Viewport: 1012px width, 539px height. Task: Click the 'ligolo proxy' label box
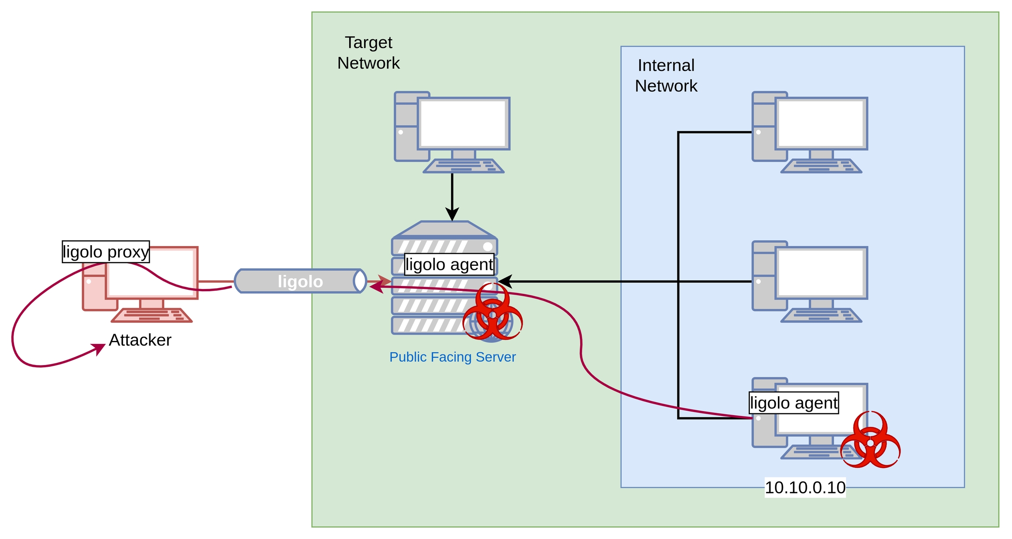coord(106,252)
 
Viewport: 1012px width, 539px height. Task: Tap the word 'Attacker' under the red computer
coord(140,340)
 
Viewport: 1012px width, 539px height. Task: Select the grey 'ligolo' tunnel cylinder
coord(300,281)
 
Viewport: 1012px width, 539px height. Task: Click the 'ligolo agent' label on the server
coord(449,264)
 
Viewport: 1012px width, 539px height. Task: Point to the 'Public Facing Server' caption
coord(452,357)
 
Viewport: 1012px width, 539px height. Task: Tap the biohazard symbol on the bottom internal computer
coord(870,440)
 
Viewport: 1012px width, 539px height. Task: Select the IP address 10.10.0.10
coord(805,488)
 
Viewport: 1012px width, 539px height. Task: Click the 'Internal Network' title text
coord(666,76)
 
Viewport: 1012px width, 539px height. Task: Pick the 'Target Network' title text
coord(369,53)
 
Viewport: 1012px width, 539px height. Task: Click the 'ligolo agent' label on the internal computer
coord(794,403)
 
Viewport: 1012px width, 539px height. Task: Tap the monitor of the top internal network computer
coord(821,123)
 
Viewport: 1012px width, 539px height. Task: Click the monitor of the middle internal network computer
coord(821,273)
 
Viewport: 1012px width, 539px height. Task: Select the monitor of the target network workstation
coord(463,123)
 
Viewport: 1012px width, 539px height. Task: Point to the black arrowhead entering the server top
coord(452,215)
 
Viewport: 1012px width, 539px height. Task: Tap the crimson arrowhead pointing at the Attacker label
coord(99,348)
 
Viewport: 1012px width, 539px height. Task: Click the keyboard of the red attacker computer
coord(152,315)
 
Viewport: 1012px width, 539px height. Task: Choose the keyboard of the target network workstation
coord(464,166)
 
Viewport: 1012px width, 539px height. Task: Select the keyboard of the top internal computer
coord(821,166)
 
